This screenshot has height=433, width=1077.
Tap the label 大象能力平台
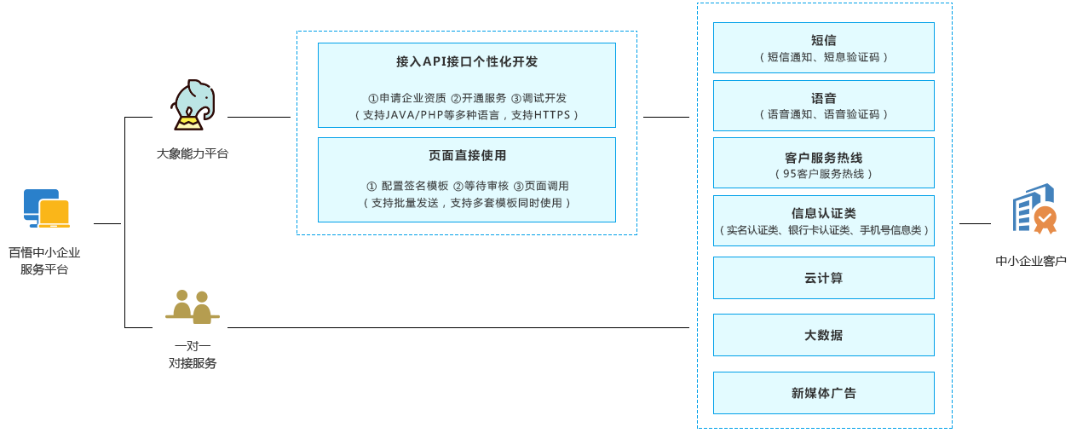[x=193, y=154]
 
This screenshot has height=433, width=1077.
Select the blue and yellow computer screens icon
[x=46, y=210]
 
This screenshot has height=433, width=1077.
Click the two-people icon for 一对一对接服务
[x=193, y=307]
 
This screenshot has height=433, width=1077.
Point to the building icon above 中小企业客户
[x=1034, y=209]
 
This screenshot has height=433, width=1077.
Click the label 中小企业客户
[x=1031, y=261]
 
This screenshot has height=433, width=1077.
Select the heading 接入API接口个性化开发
[x=466, y=62]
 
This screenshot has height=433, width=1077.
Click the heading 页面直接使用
[x=467, y=156]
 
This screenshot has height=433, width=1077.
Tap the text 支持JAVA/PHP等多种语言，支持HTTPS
[x=467, y=114]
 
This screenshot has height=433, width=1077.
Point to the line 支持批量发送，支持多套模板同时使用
[x=467, y=203]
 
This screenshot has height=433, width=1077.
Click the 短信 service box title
[x=823, y=40]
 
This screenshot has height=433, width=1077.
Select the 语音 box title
[x=823, y=98]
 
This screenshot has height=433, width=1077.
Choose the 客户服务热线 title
[x=823, y=158]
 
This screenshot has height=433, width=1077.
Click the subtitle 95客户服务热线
[x=823, y=174]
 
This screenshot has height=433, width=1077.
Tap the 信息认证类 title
[x=823, y=213]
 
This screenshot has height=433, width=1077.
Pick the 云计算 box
[x=823, y=278]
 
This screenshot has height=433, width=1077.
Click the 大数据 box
[x=823, y=335]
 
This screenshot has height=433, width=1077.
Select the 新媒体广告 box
[x=823, y=393]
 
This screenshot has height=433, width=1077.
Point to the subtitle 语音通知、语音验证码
[x=823, y=114]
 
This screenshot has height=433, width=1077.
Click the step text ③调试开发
[x=538, y=98]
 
